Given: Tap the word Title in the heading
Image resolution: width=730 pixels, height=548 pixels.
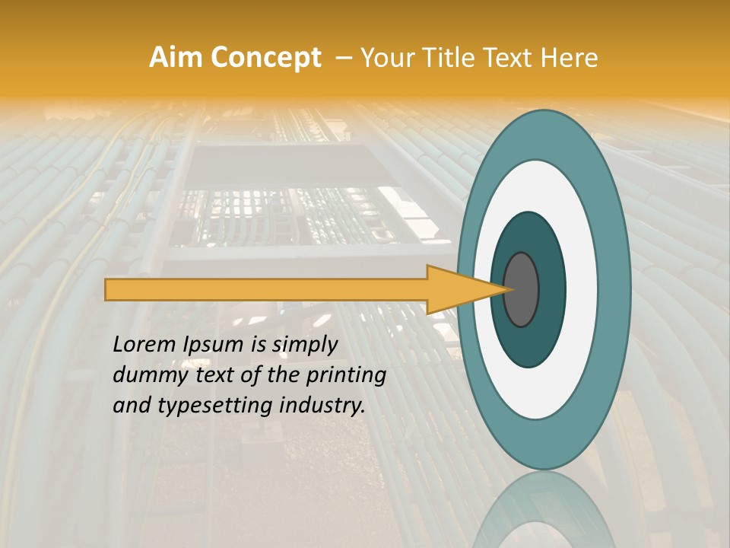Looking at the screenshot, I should [452, 58].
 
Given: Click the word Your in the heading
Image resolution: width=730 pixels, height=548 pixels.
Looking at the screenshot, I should [388, 58].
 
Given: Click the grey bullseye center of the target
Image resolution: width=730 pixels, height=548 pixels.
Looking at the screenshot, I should [522, 290].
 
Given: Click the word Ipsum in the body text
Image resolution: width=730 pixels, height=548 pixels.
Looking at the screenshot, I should [214, 345].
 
